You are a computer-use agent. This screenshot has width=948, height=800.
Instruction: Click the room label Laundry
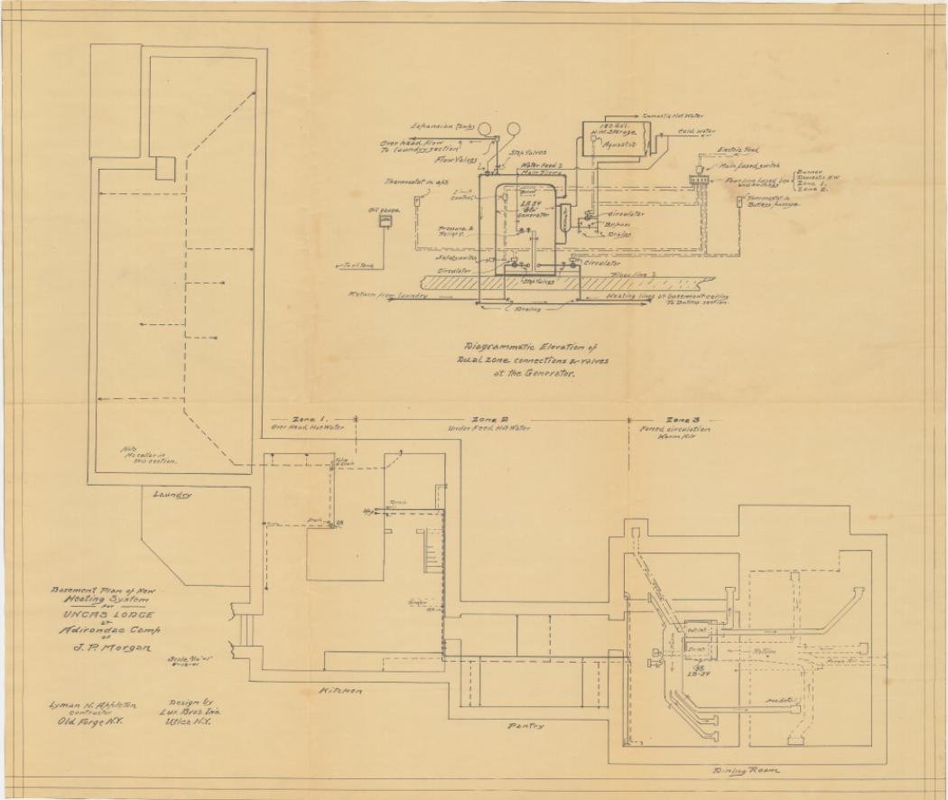tap(172, 495)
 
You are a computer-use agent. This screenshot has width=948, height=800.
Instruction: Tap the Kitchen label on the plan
tap(341, 691)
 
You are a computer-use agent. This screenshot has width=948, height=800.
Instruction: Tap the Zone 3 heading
tap(683, 420)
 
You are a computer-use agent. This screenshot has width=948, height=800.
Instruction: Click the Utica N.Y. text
tap(189, 723)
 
